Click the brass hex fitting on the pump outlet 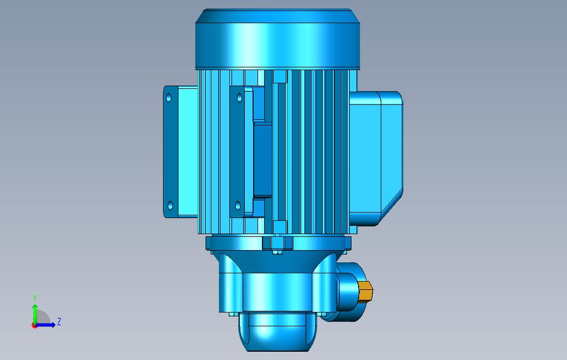pyautogui.click(x=366, y=291)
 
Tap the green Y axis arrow pyautogui.click(x=35, y=313)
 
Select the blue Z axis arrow pyautogui.click(x=46, y=325)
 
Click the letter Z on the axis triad pyautogui.click(x=59, y=321)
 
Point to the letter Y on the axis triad pyautogui.click(x=35, y=298)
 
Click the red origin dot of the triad pyautogui.click(x=34, y=325)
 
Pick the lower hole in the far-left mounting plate pyautogui.click(x=169, y=205)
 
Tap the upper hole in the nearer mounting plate pyautogui.click(x=239, y=98)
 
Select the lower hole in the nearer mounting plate pyautogui.click(x=238, y=205)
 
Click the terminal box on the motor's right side pyautogui.click(x=376, y=157)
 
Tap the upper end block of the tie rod pyautogui.click(x=280, y=76)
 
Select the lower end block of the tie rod pyautogui.click(x=280, y=226)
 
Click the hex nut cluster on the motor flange pyautogui.click(x=277, y=243)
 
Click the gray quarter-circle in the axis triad pyautogui.click(x=43, y=319)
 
